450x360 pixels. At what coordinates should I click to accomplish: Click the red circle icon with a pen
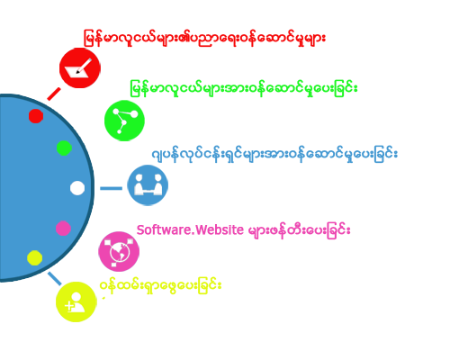click(x=80, y=67)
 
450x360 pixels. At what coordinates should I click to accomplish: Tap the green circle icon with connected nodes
click(x=124, y=121)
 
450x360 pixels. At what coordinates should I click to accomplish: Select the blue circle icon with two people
click(x=148, y=185)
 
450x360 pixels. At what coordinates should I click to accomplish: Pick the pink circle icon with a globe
click(x=119, y=251)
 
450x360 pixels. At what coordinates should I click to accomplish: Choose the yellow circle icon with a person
click(x=76, y=301)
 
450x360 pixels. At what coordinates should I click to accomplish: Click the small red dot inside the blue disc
click(x=36, y=116)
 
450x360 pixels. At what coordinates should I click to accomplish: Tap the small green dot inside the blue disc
click(x=64, y=148)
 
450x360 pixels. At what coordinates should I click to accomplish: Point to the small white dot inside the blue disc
click(x=77, y=188)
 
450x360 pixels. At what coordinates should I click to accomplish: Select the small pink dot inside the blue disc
click(x=63, y=229)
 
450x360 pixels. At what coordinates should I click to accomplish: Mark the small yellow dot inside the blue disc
click(x=35, y=257)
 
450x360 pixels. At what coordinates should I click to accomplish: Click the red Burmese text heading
click(x=204, y=38)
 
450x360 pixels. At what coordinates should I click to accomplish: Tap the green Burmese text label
click(x=244, y=88)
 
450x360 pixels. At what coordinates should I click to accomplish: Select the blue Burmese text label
click(x=274, y=154)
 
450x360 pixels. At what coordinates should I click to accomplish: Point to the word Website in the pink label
click(x=220, y=230)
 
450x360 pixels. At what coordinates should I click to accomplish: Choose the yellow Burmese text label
click(x=161, y=285)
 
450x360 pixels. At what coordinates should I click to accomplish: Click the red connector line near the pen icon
click(x=54, y=94)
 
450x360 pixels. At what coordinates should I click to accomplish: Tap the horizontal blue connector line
click(x=111, y=188)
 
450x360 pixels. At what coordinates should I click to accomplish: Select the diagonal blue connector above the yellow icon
click(x=55, y=279)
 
